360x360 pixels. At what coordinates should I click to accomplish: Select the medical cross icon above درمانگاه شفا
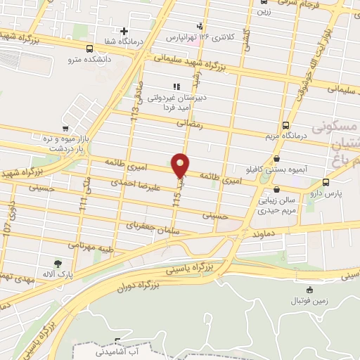(124, 31)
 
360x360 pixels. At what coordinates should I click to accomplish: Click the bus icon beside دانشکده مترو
(89, 49)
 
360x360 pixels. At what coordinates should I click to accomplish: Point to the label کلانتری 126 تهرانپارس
(192, 35)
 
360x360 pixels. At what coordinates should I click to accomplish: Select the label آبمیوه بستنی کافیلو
(292, 170)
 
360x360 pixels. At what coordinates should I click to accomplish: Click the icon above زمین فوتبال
(309, 290)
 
